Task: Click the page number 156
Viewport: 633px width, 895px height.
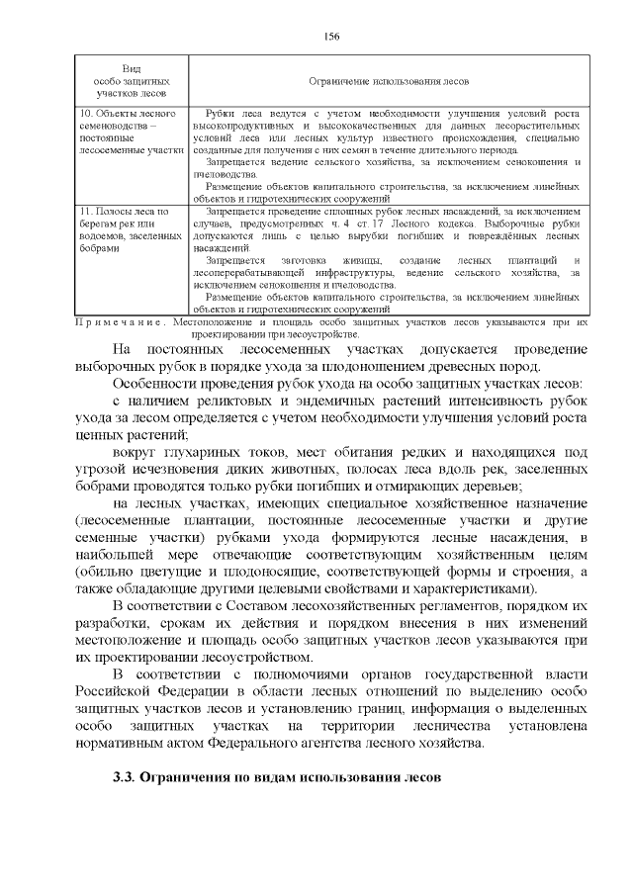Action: (x=331, y=37)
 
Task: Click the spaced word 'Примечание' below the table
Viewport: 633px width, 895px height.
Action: (x=119, y=322)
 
